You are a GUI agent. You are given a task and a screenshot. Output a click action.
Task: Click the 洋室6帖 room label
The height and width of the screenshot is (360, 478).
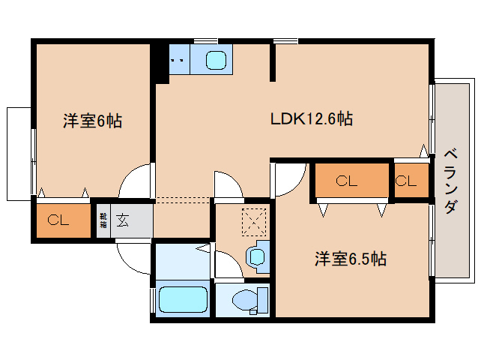91,120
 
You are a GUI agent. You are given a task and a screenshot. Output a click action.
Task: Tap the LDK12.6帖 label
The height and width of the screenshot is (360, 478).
312,118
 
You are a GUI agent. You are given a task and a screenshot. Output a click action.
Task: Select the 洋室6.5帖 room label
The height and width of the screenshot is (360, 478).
350,259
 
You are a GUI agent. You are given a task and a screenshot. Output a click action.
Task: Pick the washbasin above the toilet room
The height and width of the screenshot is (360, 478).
257,256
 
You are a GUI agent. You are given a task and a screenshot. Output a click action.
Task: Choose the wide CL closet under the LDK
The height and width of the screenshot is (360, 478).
345,180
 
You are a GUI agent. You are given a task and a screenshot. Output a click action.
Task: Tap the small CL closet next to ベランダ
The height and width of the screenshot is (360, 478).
407,181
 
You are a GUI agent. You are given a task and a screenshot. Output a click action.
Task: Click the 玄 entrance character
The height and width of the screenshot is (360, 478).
123,221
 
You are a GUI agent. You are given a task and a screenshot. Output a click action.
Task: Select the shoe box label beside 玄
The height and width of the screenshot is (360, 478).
103,220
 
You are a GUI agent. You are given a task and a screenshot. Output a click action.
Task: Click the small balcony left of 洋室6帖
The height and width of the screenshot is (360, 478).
19,154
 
